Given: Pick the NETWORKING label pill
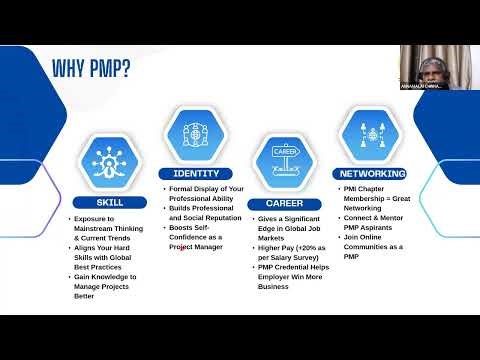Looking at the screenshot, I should coord(372,173).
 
